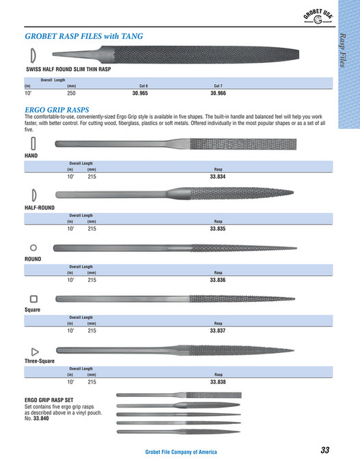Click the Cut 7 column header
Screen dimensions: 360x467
pos(218,85)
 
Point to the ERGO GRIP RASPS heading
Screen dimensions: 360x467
pos(57,109)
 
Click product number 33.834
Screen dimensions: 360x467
pos(218,176)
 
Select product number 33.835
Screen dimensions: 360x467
pos(218,229)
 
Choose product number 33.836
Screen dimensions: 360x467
pos(218,280)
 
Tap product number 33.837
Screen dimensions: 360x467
pos(218,330)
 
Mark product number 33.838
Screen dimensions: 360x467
pos(218,382)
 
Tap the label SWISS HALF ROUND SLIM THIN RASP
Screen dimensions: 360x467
pos(68,70)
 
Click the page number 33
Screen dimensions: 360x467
pos(324,450)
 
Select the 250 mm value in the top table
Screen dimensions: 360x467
pos(71,92)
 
